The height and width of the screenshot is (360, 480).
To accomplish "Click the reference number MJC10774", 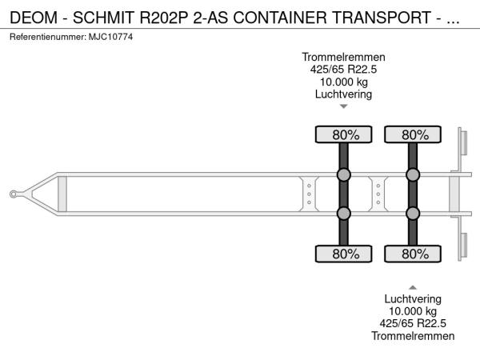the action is (x=110, y=37).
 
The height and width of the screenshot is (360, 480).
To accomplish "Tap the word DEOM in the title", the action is (x=34, y=18).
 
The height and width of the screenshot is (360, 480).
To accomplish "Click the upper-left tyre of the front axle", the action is (x=343, y=134).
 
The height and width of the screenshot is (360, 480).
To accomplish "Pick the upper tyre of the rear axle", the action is (x=413, y=134).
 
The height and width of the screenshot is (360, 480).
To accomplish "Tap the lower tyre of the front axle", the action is (x=343, y=254).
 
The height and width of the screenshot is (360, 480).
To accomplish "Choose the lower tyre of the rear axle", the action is (x=413, y=254).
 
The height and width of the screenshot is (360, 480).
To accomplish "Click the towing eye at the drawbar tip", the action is (x=13, y=194).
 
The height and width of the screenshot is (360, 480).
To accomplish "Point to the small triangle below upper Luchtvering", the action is (x=344, y=106).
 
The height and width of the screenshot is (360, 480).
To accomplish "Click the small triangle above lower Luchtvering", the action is (x=413, y=287).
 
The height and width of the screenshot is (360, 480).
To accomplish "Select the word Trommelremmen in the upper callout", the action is (x=343, y=58).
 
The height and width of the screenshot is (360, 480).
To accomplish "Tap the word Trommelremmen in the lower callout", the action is (x=413, y=336).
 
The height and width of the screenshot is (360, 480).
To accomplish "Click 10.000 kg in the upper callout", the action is (x=344, y=82).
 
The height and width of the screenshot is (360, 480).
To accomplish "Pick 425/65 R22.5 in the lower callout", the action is (x=413, y=323).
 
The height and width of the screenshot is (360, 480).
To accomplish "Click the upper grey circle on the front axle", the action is (x=344, y=174).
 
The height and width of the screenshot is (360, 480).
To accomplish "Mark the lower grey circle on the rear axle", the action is (x=413, y=214).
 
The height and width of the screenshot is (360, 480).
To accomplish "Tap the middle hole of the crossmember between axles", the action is (x=378, y=194).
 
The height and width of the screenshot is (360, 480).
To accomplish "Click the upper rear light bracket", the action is (x=462, y=143).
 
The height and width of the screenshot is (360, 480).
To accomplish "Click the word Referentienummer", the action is (x=47, y=37).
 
